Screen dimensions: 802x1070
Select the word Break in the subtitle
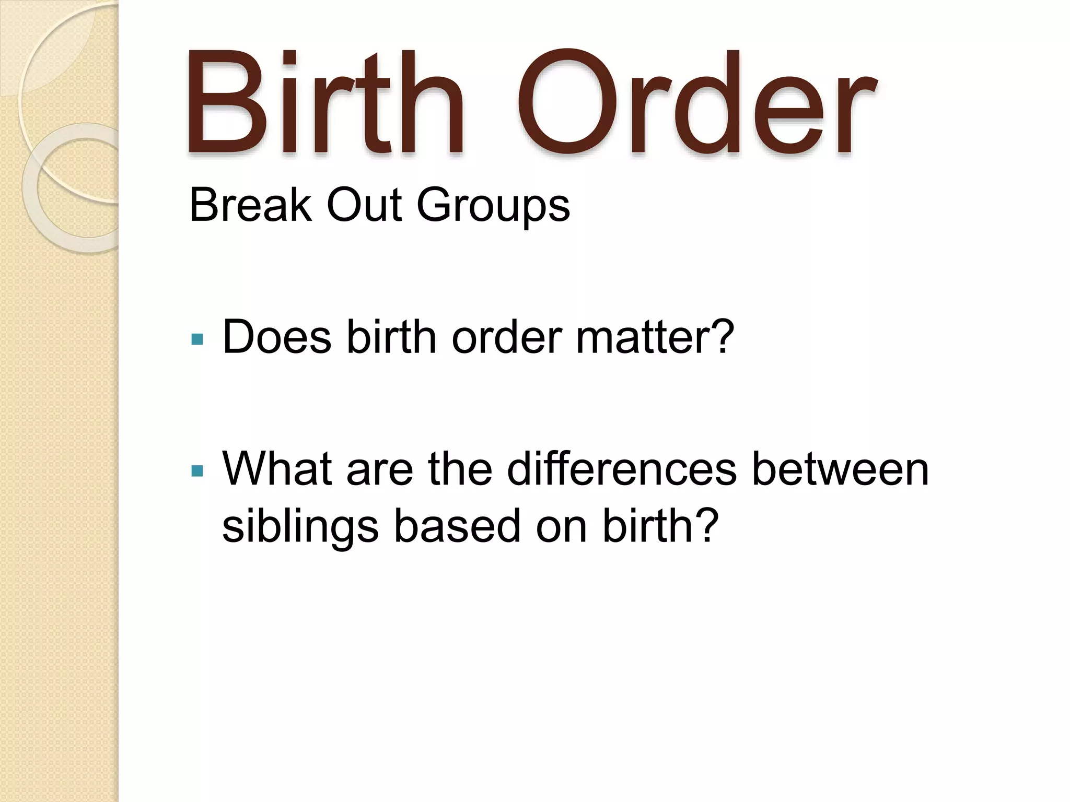[x=250, y=205]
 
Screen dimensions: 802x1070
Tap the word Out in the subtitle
[x=364, y=205]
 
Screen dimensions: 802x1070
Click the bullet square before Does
[x=197, y=340]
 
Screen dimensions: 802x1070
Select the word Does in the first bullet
[x=277, y=337]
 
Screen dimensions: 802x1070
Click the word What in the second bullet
[x=277, y=468]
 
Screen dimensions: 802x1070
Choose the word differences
[x=622, y=468]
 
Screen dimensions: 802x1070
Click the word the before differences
[x=460, y=468]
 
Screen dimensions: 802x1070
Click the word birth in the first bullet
[x=391, y=337]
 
